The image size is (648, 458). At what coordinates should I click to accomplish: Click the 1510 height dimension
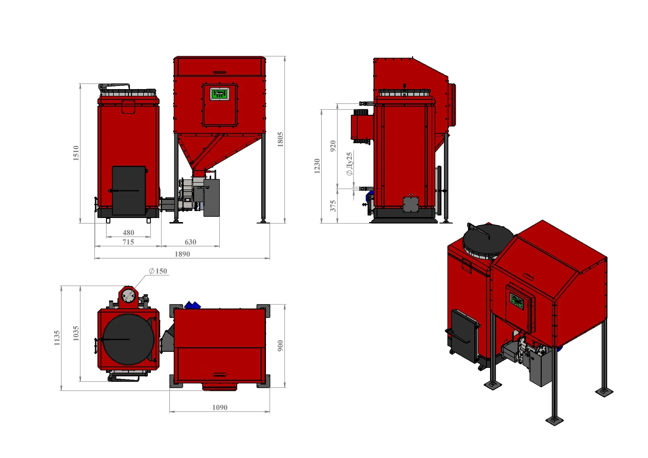click(76, 153)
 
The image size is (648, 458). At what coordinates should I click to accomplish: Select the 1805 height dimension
click(280, 139)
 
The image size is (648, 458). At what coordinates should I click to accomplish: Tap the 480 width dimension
click(128, 233)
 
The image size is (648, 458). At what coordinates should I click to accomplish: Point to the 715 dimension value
click(128, 242)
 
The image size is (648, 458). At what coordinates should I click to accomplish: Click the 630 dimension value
click(190, 242)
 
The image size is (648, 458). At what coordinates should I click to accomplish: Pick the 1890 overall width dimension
click(182, 254)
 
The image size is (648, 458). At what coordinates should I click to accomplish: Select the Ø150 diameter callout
click(158, 271)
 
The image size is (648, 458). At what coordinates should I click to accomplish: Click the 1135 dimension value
click(57, 338)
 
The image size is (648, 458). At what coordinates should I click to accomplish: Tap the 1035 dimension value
click(76, 333)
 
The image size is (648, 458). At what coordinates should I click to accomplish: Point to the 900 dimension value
click(280, 346)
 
